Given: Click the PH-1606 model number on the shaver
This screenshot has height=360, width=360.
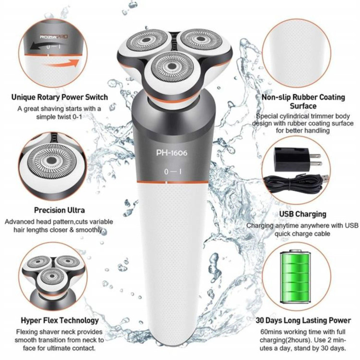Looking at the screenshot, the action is coord(172,153).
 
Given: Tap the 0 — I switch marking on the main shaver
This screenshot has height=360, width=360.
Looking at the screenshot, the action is coord(173,171).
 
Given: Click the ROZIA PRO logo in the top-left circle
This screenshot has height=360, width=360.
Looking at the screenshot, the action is coord(54,37).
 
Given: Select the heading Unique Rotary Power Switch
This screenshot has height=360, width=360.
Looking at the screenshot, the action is coord(60,97).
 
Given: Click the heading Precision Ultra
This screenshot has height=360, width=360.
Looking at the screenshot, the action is coord(60,210).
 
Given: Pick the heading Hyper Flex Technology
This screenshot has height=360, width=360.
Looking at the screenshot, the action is coord(60,320).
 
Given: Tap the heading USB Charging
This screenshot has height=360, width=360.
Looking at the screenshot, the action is coord(302,214).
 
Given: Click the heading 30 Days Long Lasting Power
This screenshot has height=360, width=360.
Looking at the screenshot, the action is coord(303,320).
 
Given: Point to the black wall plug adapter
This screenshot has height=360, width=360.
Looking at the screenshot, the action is coord(297,159).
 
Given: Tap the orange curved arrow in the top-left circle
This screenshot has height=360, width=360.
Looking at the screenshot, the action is coord(60,63).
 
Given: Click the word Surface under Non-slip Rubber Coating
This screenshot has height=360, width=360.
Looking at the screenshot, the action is coord(303,106).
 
